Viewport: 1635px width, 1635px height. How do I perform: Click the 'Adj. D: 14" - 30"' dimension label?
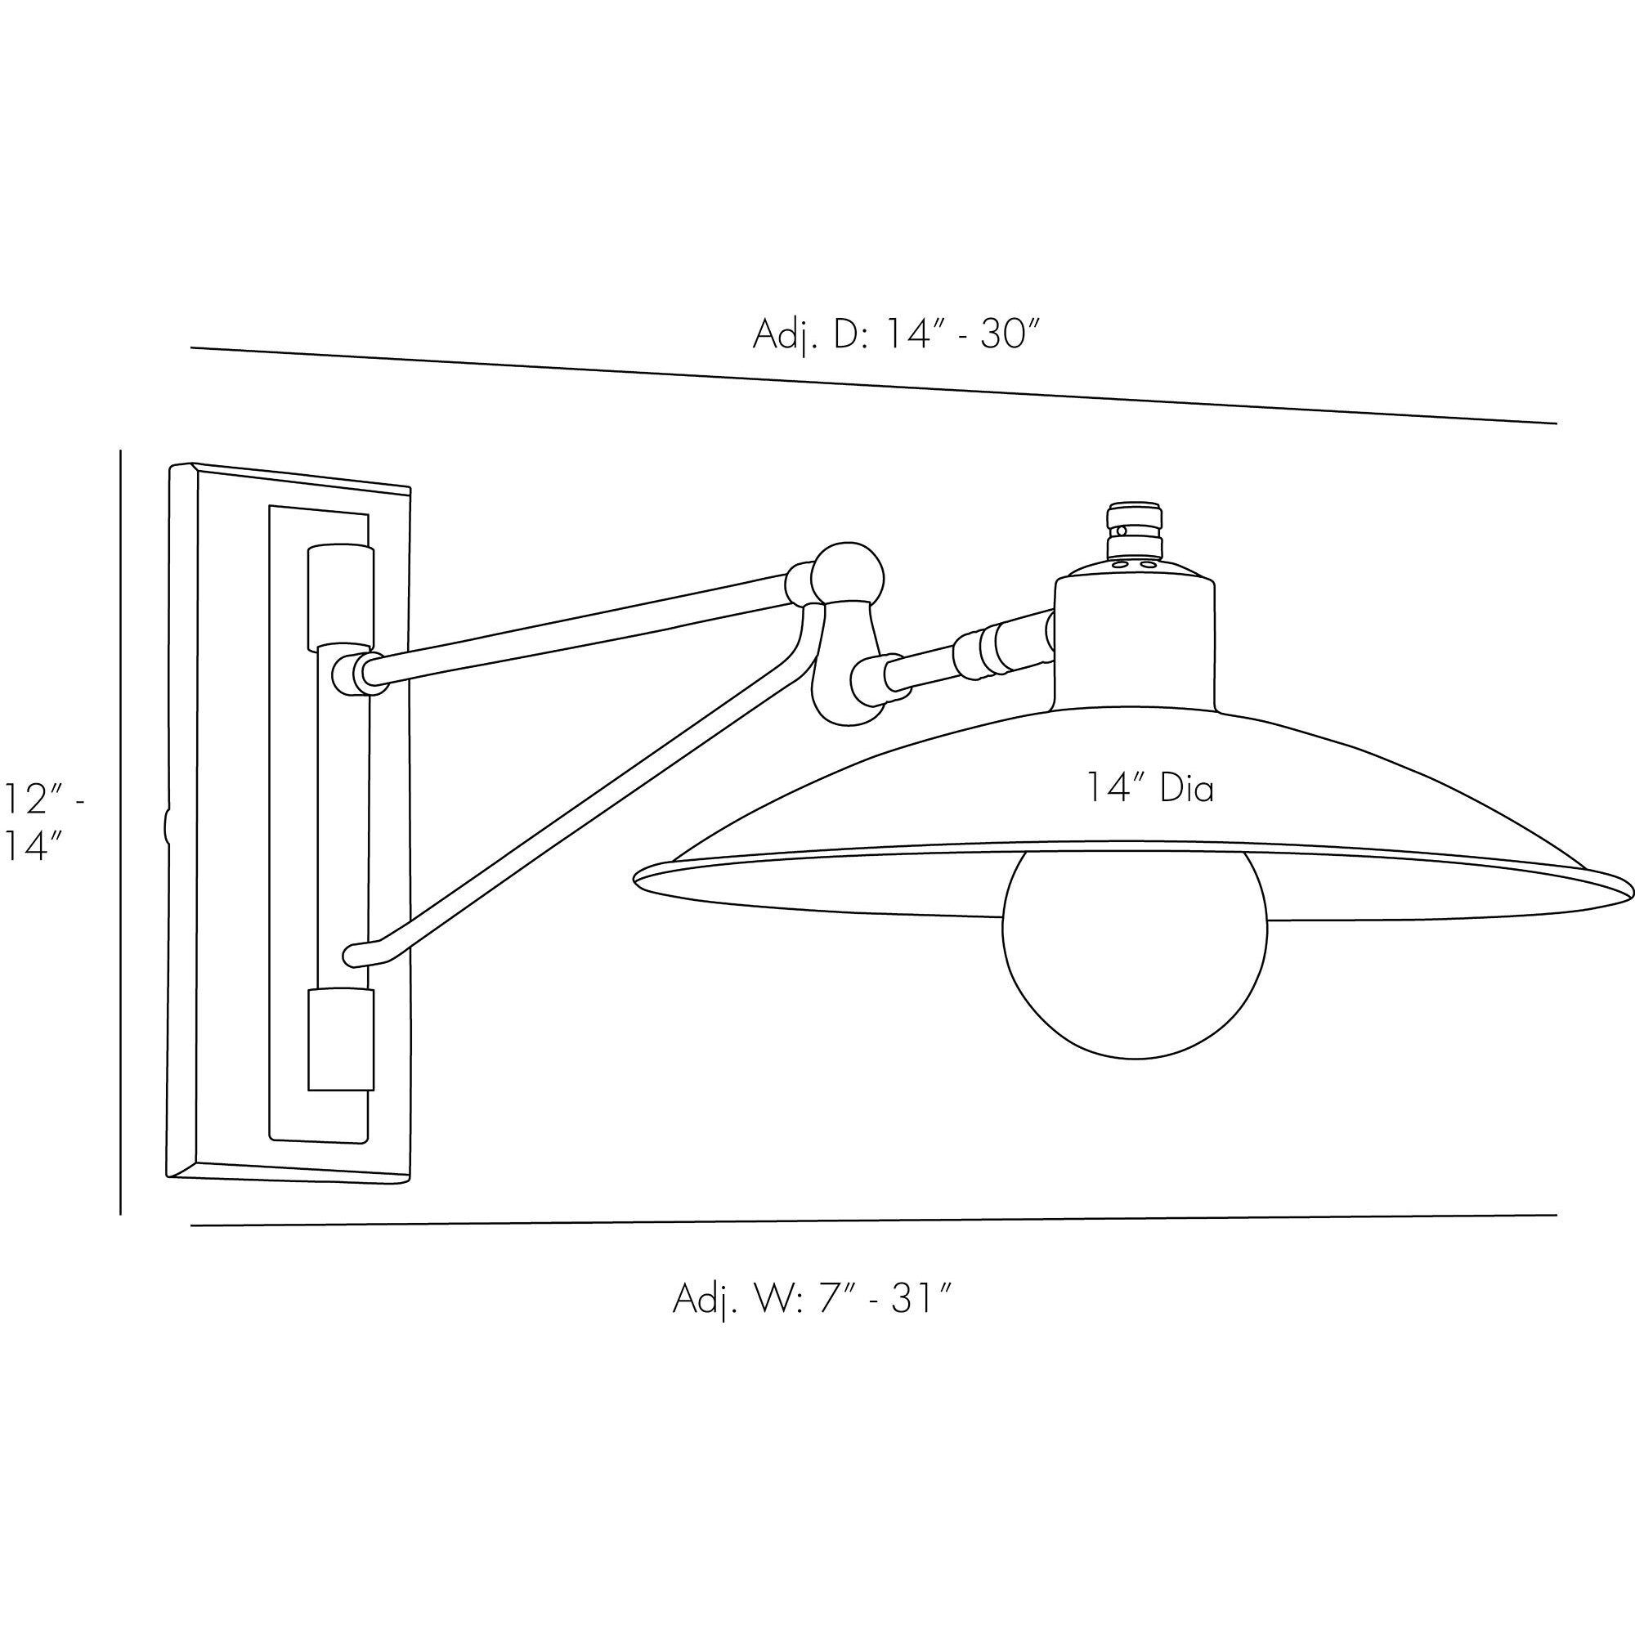tap(894, 335)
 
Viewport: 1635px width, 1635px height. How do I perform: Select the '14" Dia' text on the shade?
tap(1150, 789)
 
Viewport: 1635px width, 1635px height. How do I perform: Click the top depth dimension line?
tap(871, 385)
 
